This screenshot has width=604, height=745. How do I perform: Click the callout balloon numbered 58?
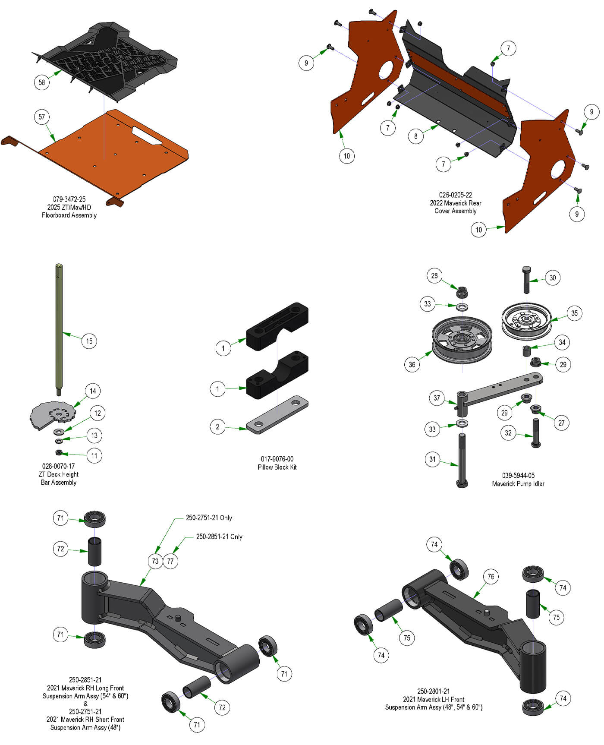pyautogui.click(x=42, y=82)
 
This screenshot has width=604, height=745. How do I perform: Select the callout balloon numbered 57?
pyautogui.click(x=42, y=117)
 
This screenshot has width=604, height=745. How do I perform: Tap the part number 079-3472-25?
pyautogui.click(x=69, y=199)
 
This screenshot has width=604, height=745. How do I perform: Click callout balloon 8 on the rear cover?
pyautogui.click(x=415, y=136)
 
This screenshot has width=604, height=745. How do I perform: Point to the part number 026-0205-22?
pyautogui.click(x=455, y=195)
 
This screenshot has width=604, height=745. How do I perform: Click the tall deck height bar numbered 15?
pyautogui.click(x=59, y=328)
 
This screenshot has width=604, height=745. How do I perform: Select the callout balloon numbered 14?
pyautogui.click(x=93, y=391)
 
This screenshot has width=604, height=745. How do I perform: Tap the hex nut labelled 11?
pyautogui.click(x=59, y=452)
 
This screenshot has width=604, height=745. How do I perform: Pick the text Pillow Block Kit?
pyautogui.click(x=277, y=467)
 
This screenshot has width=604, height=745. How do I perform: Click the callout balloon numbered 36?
pyautogui.click(x=412, y=365)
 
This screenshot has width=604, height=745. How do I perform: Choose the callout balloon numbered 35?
pyautogui.click(x=574, y=313)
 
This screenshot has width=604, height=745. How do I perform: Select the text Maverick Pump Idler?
pyautogui.click(x=518, y=483)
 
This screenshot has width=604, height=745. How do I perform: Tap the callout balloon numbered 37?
pyautogui.click(x=437, y=398)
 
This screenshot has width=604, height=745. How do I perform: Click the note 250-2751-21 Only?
pyautogui.click(x=209, y=518)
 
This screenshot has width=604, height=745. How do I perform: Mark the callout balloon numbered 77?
pyautogui.click(x=170, y=561)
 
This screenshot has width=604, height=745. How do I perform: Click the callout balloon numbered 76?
pyautogui.click(x=491, y=577)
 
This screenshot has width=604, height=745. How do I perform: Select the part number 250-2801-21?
pyautogui.click(x=433, y=691)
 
